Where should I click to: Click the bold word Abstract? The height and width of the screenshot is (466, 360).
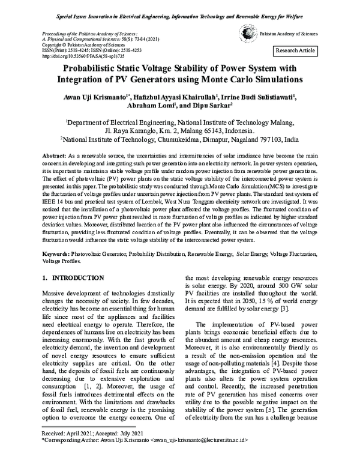[53, 156]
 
